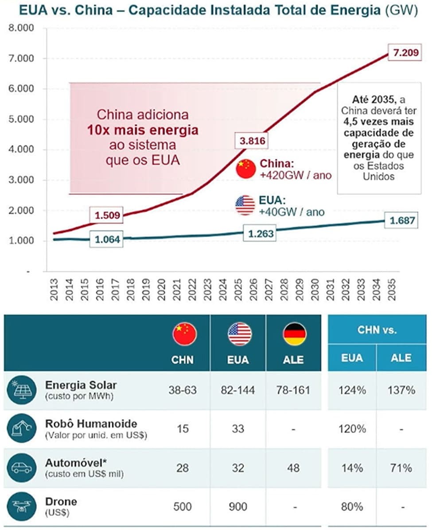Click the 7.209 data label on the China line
[x=403, y=53]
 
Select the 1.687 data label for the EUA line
[x=403, y=220]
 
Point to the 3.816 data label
[x=252, y=141]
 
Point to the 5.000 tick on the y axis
[x=22, y=119]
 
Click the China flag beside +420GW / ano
[x=245, y=169]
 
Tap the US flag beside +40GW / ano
[x=245, y=205]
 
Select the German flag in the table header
[x=294, y=334]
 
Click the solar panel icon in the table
[x=21, y=390]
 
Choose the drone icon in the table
[x=21, y=506]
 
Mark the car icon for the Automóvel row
[x=21, y=468]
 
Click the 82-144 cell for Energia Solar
[x=238, y=390]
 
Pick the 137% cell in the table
[x=401, y=390]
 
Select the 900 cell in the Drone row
[x=238, y=507]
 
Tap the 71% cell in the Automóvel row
[x=401, y=468]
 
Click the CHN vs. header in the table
[x=377, y=330]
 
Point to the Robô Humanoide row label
[x=91, y=424]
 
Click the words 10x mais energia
[x=142, y=131]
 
